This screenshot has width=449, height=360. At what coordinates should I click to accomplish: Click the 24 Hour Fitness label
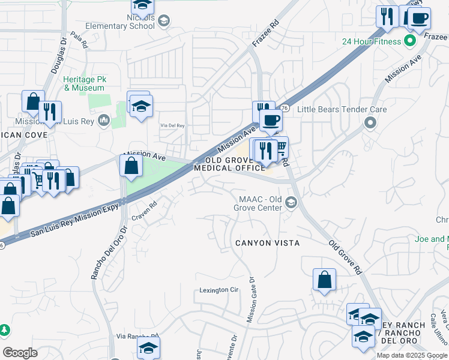tap(371, 41)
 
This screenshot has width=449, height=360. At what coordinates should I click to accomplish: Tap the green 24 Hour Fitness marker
tap(410, 41)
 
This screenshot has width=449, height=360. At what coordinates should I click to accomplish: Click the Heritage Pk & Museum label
tap(84, 84)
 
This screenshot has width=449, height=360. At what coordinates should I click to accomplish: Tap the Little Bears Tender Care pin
tap(370, 123)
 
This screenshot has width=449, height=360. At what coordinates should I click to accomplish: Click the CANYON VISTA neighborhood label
tap(267, 243)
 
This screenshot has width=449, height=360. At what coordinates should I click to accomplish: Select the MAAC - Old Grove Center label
tap(260, 203)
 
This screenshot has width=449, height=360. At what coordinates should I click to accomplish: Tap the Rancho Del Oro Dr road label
tap(101, 253)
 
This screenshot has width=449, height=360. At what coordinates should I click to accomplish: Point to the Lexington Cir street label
tap(219, 290)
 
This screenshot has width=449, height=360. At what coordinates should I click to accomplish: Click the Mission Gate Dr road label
tap(252, 299)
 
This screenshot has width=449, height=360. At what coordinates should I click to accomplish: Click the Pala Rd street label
tap(79, 40)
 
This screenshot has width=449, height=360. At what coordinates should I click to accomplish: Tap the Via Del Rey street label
tap(172, 126)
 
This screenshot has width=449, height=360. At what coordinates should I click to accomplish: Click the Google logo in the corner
tap(20, 353)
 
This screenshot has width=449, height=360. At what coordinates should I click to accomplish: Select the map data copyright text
tap(412, 355)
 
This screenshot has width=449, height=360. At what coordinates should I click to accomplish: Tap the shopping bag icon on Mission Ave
tap(131, 166)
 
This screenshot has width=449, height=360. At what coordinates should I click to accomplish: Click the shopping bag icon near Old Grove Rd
tap(324, 280)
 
